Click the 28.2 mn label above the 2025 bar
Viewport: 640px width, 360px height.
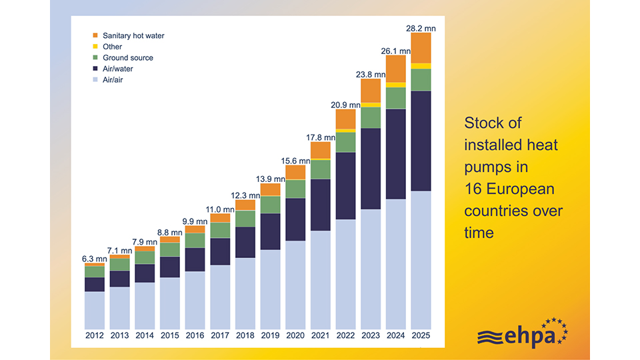tap(421, 28)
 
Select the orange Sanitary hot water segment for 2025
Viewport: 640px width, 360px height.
tap(421, 48)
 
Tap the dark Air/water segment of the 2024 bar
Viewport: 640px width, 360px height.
tap(396, 154)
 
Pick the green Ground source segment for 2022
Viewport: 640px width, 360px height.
tap(346, 143)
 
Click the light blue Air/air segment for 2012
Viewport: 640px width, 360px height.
tap(95, 310)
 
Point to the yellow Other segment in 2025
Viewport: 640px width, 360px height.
tap(421, 66)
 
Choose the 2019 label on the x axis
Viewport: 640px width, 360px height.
tap(270, 335)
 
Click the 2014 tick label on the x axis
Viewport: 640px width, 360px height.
tap(145, 335)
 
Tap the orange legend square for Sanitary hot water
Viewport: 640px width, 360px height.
tap(95, 35)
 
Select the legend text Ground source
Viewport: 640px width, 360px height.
tap(128, 58)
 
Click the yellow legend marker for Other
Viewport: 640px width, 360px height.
tap(95, 47)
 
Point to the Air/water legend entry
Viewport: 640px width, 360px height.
tap(117, 69)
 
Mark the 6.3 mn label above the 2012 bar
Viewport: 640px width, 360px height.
tap(94, 259)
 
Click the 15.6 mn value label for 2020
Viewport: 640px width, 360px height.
tap(295, 161)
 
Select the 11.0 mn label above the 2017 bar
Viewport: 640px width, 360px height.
tap(220, 209)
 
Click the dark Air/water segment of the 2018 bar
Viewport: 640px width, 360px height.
tap(245, 243)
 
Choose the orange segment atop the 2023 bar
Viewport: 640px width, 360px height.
tap(371, 91)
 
